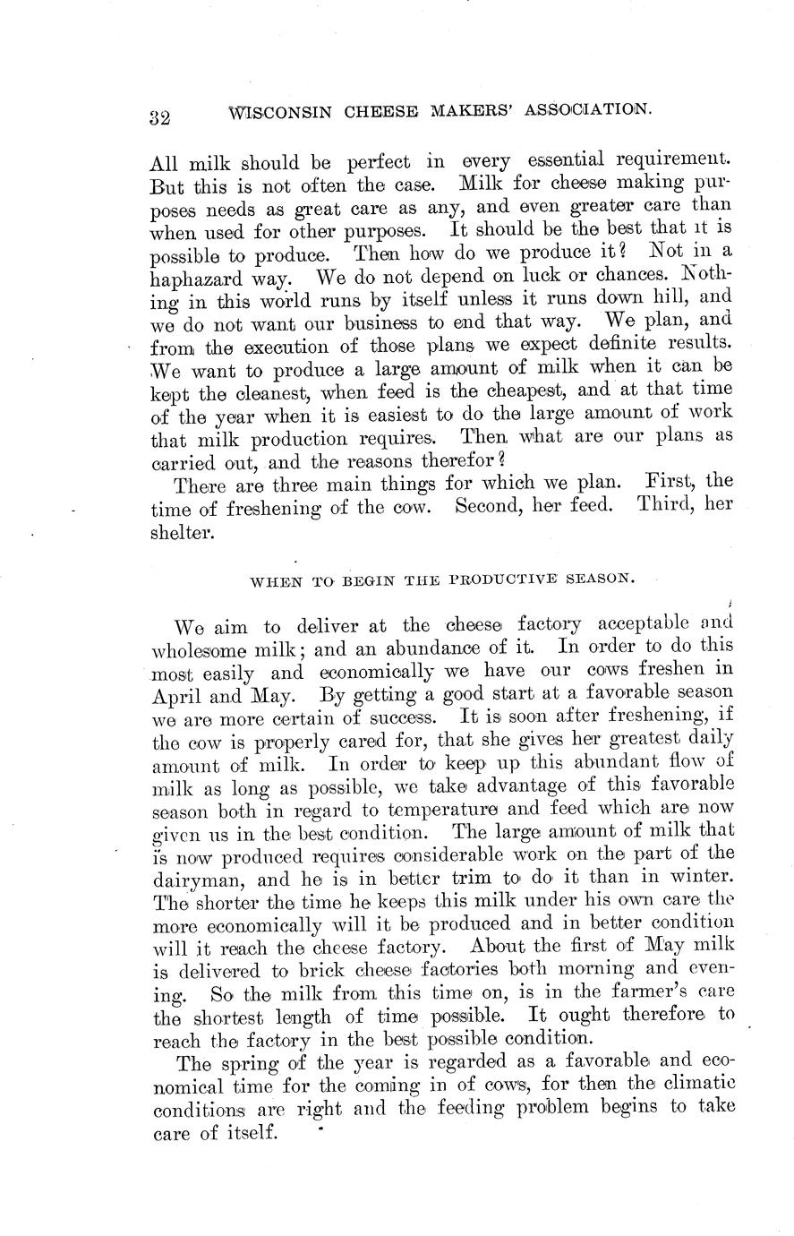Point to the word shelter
(183, 531)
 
